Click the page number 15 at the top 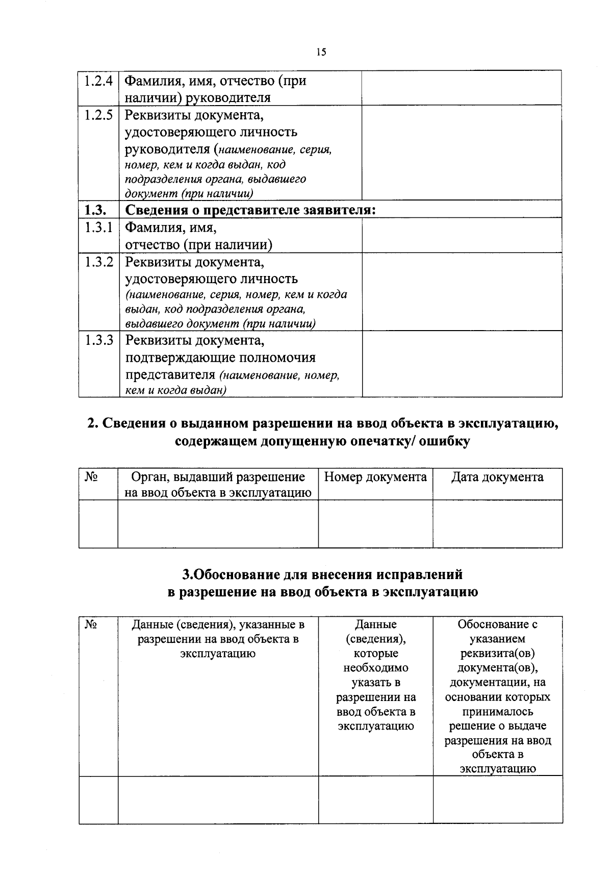pyautogui.click(x=321, y=52)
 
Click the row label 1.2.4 pyautogui.click(x=98, y=81)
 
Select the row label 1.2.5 pyautogui.click(x=98, y=114)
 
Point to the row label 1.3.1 pyautogui.click(x=98, y=228)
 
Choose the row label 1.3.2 pyautogui.click(x=98, y=262)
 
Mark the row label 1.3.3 pyautogui.click(x=98, y=340)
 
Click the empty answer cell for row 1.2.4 pyautogui.click(x=462, y=88)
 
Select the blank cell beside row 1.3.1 pyautogui.click(x=462, y=235)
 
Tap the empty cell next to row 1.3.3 pyautogui.click(x=462, y=364)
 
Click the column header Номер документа pyautogui.click(x=375, y=477)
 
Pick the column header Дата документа pyautogui.click(x=497, y=477)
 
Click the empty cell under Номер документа pyautogui.click(x=375, y=523)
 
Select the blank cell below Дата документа pyautogui.click(x=497, y=523)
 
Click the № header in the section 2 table pyautogui.click(x=91, y=477)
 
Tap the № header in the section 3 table pyautogui.click(x=91, y=624)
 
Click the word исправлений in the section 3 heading pyautogui.click(x=419, y=574)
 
